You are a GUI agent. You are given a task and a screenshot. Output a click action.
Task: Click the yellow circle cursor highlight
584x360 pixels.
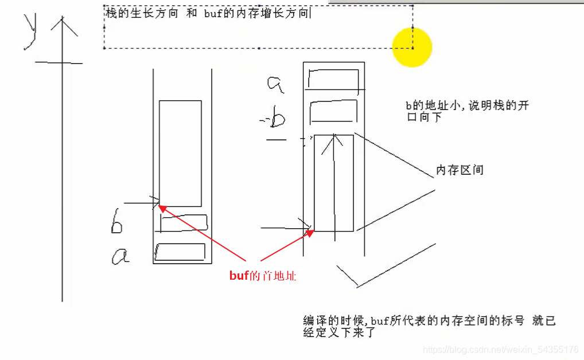coord(412,47)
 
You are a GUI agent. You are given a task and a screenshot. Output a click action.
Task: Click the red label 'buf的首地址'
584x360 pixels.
coord(263,276)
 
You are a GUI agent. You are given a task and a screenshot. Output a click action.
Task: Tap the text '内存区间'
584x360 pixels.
coord(460,170)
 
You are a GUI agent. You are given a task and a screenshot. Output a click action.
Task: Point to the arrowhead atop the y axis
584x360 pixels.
coord(62,24)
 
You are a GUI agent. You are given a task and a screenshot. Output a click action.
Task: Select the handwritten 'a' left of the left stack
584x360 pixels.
coord(120,256)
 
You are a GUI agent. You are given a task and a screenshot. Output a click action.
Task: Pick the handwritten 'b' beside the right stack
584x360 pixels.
coord(278,119)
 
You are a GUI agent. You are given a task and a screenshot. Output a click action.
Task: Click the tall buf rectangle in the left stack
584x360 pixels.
coord(180,153)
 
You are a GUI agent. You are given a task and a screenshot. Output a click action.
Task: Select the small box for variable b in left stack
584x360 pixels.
coord(184,222)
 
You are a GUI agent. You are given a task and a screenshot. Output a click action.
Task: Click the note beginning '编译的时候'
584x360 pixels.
coord(429,326)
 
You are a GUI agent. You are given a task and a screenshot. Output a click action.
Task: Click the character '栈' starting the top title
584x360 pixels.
coord(111,13)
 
